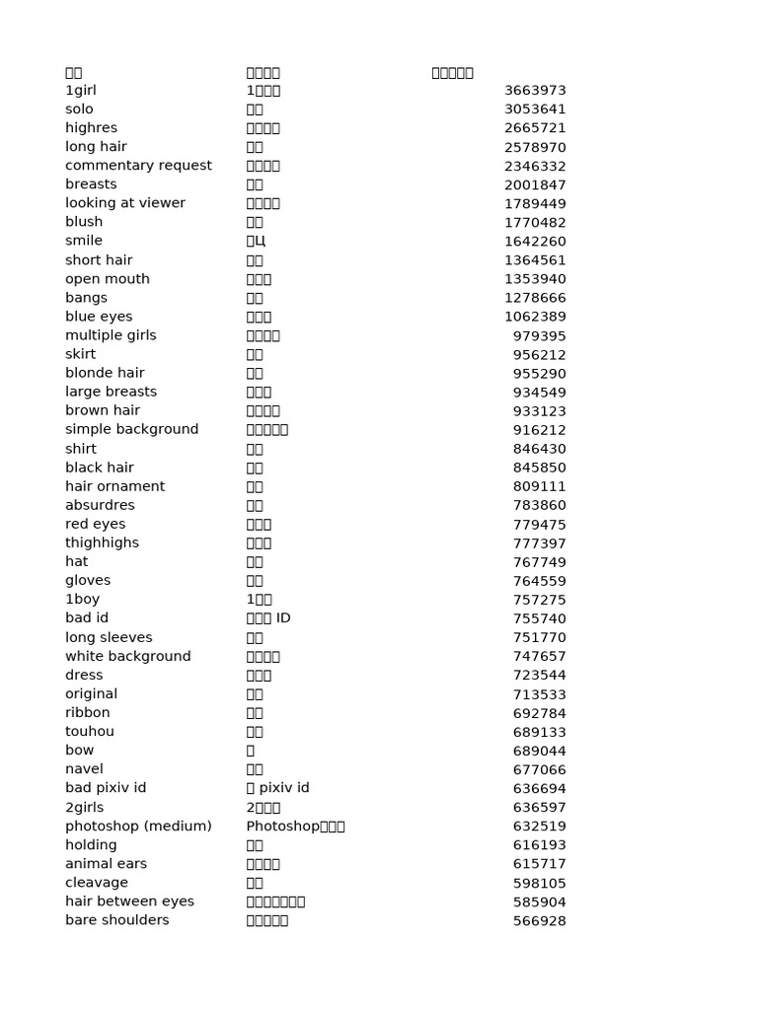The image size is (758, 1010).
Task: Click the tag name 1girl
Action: [x=81, y=91]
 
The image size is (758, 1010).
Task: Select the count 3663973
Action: [x=535, y=91]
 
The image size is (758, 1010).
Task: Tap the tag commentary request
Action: [x=138, y=166]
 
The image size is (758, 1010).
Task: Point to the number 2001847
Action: [x=535, y=184]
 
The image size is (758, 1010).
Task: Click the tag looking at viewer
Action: [x=125, y=203]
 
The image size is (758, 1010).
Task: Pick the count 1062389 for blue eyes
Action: [x=535, y=317]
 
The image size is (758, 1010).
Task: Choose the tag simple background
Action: [x=131, y=429]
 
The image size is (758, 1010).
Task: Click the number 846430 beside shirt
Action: [x=539, y=449]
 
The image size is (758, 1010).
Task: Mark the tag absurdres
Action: [x=100, y=505]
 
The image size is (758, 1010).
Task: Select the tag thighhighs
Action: [x=102, y=542]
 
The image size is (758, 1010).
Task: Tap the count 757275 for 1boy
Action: [x=539, y=600]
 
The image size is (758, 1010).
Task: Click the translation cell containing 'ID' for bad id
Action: [x=268, y=618]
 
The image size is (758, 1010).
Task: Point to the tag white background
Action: [x=128, y=656]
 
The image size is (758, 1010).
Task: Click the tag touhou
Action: [x=90, y=731]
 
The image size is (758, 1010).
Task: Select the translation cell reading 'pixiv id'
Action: [x=277, y=788]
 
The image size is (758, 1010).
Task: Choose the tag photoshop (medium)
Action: [x=138, y=826]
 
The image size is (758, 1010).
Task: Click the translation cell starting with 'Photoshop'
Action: [x=295, y=826]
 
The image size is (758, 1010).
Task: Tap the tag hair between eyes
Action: [x=129, y=902]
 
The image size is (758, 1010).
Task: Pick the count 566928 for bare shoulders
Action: [x=539, y=920]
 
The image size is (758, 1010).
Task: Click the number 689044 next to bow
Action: [x=539, y=751]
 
